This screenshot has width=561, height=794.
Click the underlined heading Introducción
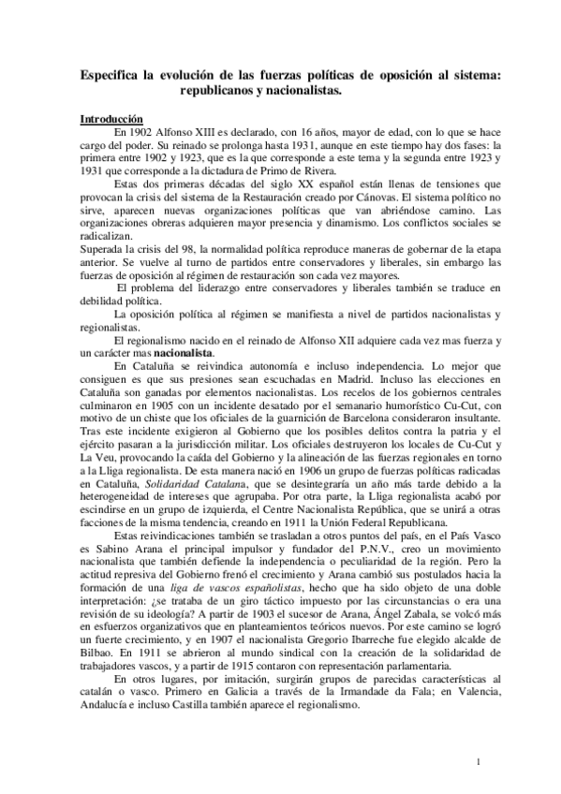[x=110, y=120]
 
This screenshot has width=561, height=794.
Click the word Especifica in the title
[x=111, y=72]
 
